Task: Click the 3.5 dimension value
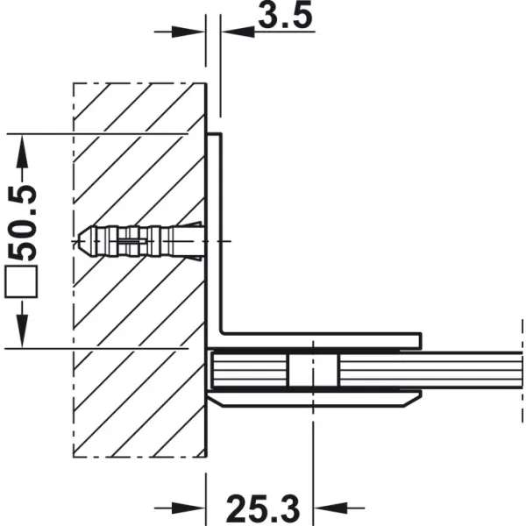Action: [x=285, y=16]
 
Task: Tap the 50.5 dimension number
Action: [x=23, y=223]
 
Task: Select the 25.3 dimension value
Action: [x=263, y=508]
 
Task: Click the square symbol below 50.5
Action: [x=21, y=281]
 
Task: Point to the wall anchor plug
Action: [x=140, y=241]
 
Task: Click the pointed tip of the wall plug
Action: [x=78, y=241]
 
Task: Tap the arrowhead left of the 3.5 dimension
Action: [x=188, y=32]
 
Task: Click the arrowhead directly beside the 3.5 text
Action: [x=238, y=32]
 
